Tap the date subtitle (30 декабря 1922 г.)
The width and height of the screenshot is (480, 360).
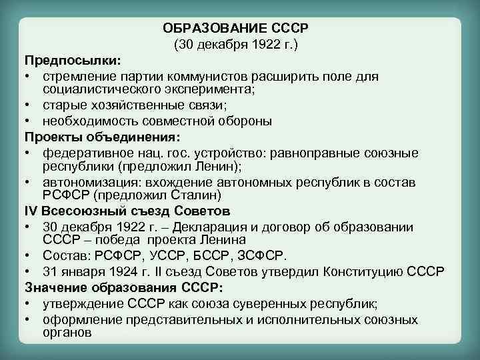236,45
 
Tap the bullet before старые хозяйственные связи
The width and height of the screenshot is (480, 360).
29,105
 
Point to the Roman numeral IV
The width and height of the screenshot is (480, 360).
33,212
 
